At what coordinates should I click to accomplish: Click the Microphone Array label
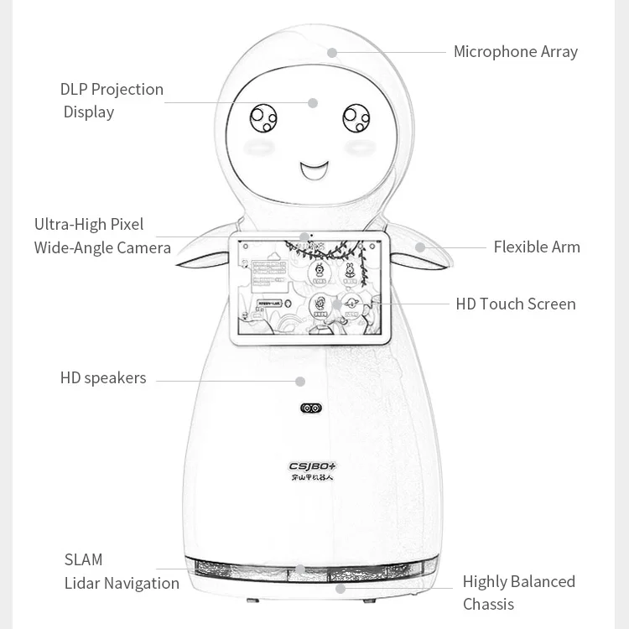[515, 52]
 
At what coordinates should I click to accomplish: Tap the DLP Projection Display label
[111, 101]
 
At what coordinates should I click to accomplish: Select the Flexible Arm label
[536, 247]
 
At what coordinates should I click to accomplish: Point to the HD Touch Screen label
[515, 304]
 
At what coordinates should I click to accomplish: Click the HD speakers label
[102, 378]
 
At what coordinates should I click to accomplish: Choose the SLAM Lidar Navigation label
[121, 571]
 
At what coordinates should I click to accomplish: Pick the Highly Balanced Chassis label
[518, 592]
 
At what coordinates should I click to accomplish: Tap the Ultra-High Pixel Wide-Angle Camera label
[102, 236]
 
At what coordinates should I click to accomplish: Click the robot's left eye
[263, 118]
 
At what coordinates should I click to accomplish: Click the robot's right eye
[356, 118]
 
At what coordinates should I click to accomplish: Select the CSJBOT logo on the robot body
[312, 466]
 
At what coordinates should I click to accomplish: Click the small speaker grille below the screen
[311, 408]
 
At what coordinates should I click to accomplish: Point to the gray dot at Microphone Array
[332, 53]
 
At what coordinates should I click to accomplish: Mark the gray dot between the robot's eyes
[313, 103]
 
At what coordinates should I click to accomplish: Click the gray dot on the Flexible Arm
[420, 247]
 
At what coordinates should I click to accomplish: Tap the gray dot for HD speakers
[300, 382]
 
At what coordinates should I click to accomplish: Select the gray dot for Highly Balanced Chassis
[340, 589]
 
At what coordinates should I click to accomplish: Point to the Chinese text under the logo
[312, 479]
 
